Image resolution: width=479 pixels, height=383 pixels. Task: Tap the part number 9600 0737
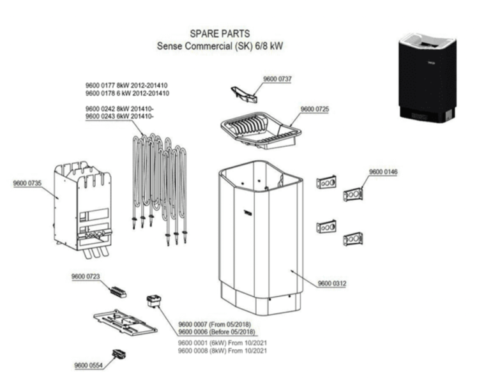tap(278, 79)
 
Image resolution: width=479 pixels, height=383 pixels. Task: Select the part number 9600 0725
tap(314, 110)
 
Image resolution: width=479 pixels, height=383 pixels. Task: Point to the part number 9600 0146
tap(383, 172)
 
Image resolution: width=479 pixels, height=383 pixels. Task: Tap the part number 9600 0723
tap(84, 277)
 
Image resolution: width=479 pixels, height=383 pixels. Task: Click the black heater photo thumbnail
tap(425, 77)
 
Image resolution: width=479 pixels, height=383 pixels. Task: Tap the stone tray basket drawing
tap(259, 131)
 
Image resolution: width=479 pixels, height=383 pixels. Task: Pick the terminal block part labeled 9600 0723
tap(117, 292)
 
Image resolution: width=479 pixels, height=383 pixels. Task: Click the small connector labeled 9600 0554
tap(119, 354)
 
